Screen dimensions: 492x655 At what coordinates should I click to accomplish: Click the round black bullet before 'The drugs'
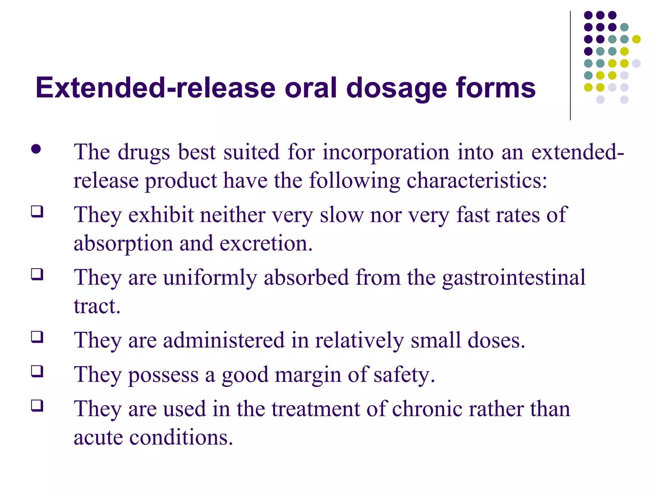[36, 149]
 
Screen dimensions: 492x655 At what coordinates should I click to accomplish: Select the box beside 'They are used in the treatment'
[37, 406]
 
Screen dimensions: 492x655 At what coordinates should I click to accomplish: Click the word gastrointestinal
[514, 277]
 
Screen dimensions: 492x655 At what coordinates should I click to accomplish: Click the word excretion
[266, 243]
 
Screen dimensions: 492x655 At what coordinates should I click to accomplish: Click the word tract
[97, 306]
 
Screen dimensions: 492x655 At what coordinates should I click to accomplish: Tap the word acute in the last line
[98, 438]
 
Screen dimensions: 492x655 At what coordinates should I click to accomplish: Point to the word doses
[496, 340]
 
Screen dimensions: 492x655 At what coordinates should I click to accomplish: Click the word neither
[233, 215]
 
